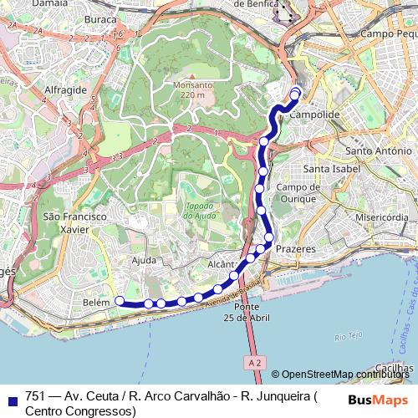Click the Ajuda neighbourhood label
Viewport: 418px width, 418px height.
[144, 261]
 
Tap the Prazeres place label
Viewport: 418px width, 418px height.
[296, 248]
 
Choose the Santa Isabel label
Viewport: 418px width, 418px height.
[332, 169]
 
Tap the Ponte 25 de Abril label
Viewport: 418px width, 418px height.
[247, 312]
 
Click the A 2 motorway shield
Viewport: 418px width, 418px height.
[256, 361]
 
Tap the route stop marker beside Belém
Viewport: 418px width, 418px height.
[119, 300]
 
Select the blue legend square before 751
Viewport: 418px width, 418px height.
[11, 398]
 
